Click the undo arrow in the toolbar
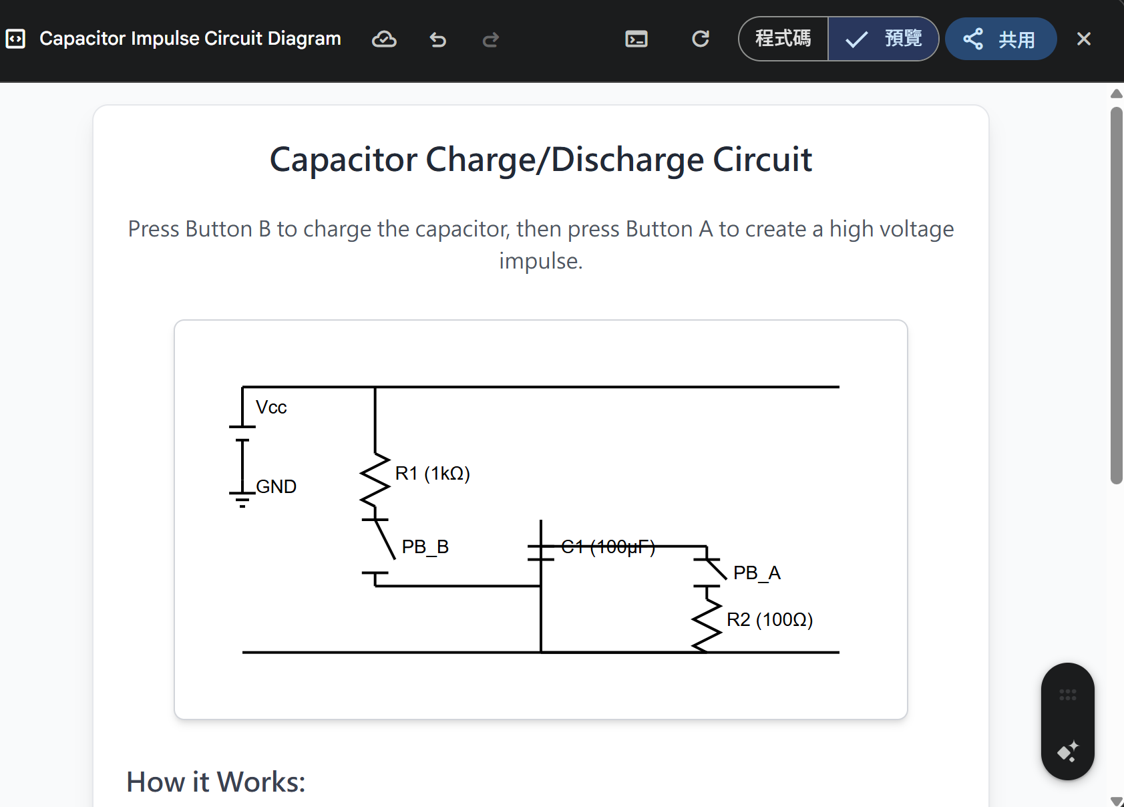437,39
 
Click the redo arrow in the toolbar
491,39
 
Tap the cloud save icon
384,39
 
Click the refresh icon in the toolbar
700,39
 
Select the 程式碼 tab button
783,39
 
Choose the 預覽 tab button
884,39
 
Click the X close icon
1083,39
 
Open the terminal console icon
636,39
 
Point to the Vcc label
271,408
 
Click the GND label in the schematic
276,486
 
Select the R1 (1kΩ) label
433,474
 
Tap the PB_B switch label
425,547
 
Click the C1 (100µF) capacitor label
608,547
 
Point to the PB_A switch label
757,573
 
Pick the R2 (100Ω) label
769,620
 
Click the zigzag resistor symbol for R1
375,480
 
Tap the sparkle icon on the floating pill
1067,752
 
